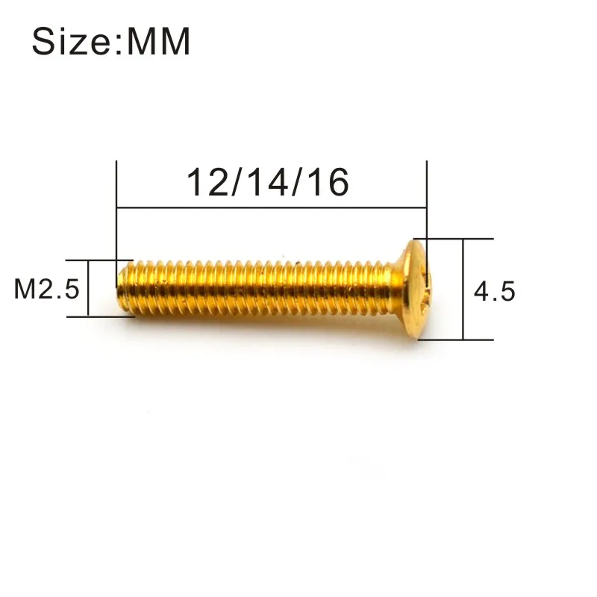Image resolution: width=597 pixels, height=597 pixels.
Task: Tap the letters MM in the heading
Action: coord(159,43)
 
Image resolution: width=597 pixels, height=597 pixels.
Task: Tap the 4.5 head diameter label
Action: coord(495,291)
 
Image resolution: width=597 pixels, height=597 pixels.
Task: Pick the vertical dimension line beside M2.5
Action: coord(88,289)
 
